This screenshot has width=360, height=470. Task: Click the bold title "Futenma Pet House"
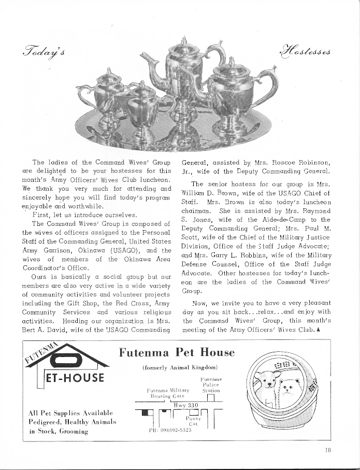(x=177, y=353)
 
